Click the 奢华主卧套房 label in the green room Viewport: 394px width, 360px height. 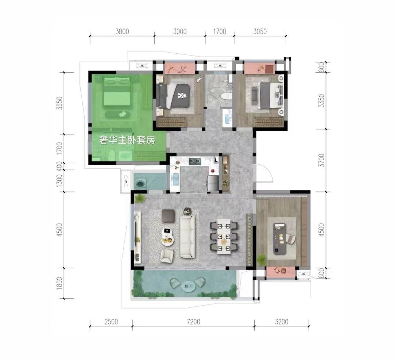127,140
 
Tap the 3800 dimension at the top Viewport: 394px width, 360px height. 122,31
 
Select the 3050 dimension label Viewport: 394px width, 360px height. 260,31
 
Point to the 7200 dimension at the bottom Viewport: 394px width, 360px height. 193,322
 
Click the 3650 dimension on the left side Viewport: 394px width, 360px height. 59,103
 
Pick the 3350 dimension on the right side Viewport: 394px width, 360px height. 321,101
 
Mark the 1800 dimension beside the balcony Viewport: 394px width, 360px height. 59,283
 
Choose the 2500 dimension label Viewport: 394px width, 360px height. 111,322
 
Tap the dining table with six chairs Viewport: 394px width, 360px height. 224,236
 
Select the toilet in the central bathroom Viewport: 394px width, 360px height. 226,96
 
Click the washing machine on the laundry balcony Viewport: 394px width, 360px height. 140,183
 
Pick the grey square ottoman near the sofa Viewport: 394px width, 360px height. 168,216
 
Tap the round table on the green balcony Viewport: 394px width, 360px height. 189,286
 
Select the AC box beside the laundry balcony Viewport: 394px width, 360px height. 126,181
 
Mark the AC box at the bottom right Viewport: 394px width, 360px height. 304,273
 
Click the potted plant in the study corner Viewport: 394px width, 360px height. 261,259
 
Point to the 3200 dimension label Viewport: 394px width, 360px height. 281,322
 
